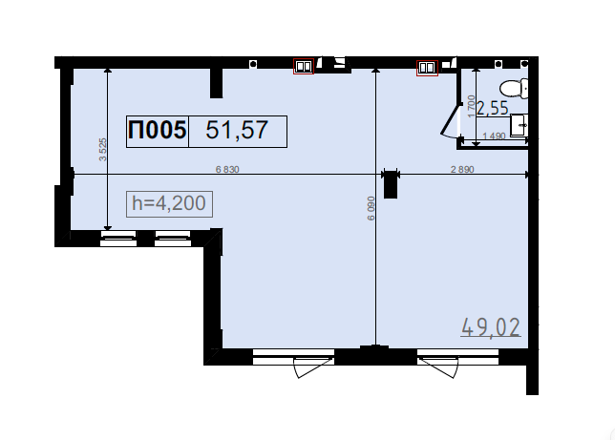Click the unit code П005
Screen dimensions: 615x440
click(x=158, y=130)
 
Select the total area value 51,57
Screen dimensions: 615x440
click(x=237, y=130)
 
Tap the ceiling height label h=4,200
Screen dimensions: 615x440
click(x=169, y=203)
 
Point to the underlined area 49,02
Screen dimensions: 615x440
click(x=491, y=327)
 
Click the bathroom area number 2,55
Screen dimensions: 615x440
click(x=493, y=109)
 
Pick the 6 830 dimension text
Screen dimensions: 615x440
click(x=227, y=169)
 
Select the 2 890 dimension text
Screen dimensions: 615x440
click(x=462, y=169)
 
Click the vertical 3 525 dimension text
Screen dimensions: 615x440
click(x=103, y=150)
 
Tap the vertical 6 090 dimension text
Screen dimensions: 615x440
click(x=371, y=208)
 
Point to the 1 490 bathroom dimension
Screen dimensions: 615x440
click(x=494, y=136)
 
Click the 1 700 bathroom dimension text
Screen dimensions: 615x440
click(x=471, y=106)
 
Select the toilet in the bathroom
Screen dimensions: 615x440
click(x=514, y=88)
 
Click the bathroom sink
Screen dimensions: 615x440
click(x=519, y=125)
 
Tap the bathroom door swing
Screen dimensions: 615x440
click(x=451, y=121)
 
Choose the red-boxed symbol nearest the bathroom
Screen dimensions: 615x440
click(x=427, y=68)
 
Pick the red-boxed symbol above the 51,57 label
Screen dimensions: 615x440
click(x=304, y=66)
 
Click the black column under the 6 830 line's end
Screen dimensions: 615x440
click(x=391, y=184)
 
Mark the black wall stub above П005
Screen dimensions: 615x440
click(x=217, y=83)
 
